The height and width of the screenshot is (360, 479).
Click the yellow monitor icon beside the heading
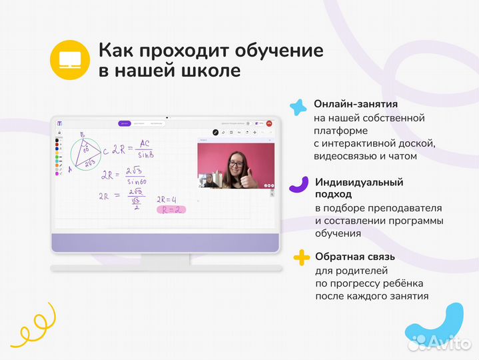70,60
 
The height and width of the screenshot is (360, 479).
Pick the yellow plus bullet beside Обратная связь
302,257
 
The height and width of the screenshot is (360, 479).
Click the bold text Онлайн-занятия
356,105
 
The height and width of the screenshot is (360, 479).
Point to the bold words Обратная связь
355,257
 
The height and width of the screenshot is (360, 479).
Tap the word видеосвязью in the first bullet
346,157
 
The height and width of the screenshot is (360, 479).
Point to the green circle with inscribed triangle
87,153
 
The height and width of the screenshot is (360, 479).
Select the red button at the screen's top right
269,123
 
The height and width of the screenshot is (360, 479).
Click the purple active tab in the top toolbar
124,123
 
